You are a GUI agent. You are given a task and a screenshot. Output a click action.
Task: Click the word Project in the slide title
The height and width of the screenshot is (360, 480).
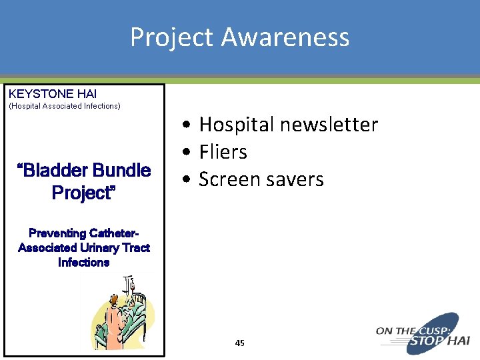171,37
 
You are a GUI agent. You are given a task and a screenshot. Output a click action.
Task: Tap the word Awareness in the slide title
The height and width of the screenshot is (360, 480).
285,37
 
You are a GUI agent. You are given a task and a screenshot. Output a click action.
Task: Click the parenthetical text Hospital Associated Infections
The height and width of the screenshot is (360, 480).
64,106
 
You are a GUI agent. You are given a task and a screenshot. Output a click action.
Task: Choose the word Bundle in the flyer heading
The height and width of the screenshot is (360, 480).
121,171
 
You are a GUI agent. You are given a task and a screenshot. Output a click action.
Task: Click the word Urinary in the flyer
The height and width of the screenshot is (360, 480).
93,248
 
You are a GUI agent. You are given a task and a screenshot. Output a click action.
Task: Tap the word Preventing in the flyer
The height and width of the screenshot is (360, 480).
58,233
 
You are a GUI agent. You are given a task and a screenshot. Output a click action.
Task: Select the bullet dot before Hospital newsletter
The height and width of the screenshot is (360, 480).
190,125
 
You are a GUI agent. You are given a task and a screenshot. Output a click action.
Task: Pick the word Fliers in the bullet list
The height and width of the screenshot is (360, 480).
223,152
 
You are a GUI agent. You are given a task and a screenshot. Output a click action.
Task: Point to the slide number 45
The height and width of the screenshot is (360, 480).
240,343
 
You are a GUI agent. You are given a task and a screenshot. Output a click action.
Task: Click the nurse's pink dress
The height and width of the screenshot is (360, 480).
113,331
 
